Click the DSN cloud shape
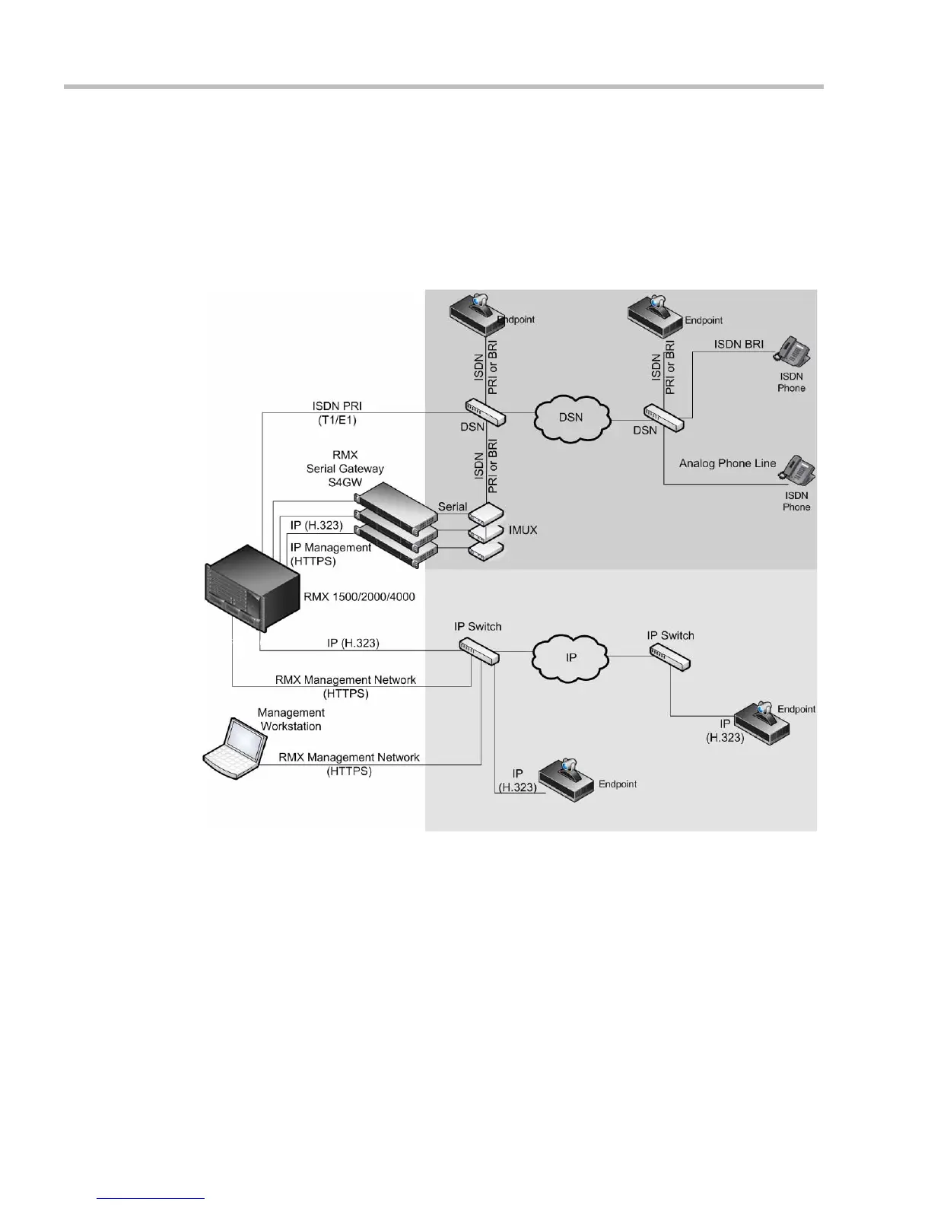571,417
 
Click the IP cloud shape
570,657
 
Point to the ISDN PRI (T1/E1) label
337,413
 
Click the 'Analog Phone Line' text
727,463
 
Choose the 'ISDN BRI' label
738,345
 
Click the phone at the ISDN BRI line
792,352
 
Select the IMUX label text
523,530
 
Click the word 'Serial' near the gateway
452,507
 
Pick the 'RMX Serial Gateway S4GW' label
345,469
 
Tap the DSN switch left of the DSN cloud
485,412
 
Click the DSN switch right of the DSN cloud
663,418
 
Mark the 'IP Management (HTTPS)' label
330,554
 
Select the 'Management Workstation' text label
291,719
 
